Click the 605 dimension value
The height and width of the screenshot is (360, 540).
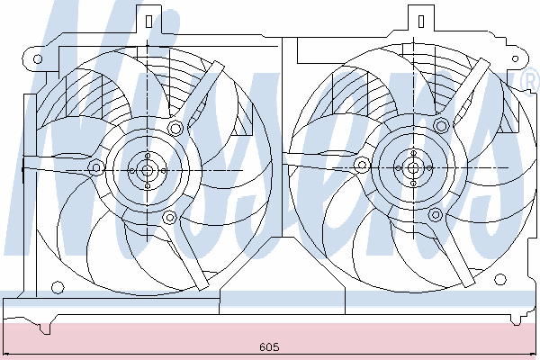coord(269,346)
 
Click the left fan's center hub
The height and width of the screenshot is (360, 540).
coord(147,170)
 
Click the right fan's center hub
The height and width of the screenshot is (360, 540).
coord(413,168)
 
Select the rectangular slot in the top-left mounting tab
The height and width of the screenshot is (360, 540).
coord(148,21)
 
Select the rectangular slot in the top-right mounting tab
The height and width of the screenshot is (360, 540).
coord(421,21)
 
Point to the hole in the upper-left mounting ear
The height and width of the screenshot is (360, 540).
coord(38,58)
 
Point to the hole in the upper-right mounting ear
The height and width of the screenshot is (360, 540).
coord(515,58)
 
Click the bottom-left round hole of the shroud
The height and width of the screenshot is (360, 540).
coord(58,287)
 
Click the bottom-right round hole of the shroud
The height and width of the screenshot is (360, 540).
coord(500,279)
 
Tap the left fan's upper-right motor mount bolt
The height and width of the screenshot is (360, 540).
coord(175,129)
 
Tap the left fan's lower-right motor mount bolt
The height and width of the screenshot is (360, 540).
coord(169,218)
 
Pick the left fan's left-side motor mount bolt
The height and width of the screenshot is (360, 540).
coord(96,168)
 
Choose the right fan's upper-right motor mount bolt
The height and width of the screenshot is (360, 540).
coord(441,126)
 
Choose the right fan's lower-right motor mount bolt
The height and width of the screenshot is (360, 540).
coord(436,215)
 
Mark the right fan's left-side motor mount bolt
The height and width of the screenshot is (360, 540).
coord(362,166)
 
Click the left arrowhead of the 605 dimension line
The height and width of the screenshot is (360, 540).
coord(5,354)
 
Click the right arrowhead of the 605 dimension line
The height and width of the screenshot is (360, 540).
coord(534,354)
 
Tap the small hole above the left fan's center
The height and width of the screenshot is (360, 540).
coord(148,156)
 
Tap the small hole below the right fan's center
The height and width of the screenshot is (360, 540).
coord(414,184)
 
